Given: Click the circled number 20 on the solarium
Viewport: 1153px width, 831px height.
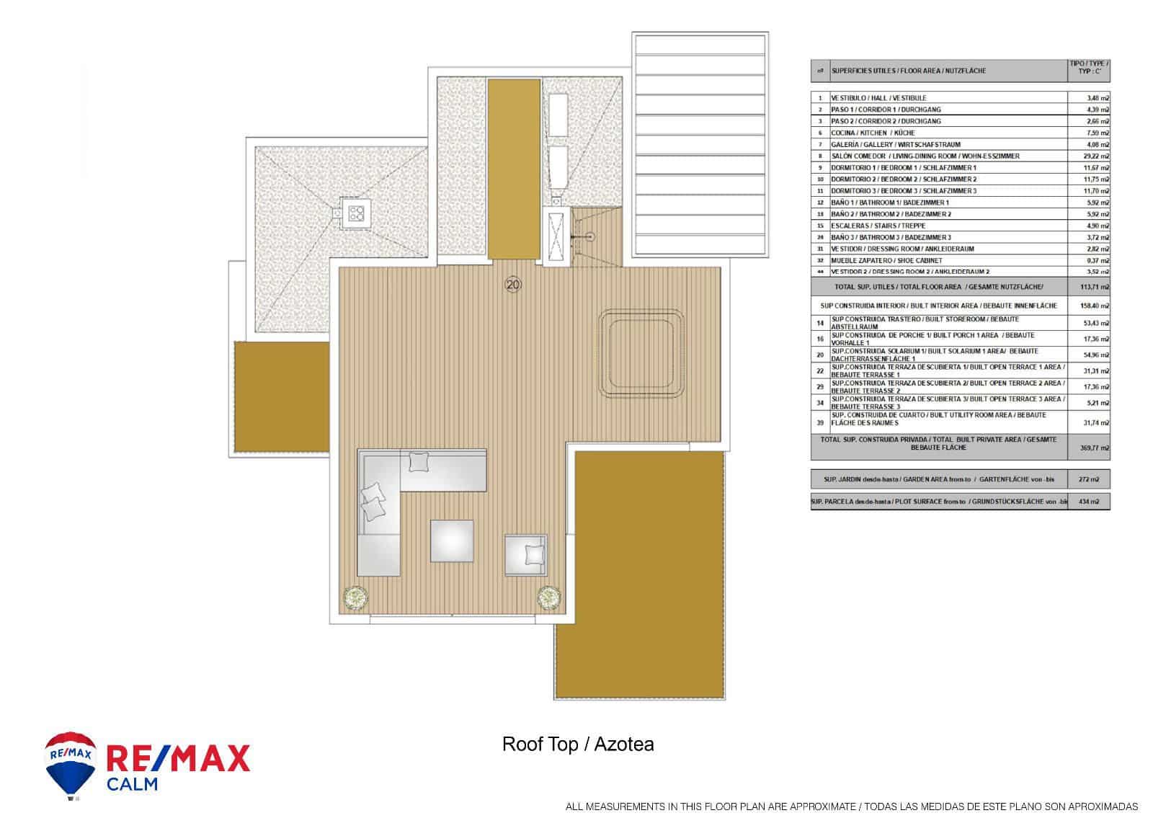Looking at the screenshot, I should pyautogui.click(x=513, y=285).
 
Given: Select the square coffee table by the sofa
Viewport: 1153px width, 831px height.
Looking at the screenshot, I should pyautogui.click(x=452, y=541).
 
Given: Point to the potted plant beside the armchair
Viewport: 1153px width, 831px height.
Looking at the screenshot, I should pyautogui.click(x=549, y=597).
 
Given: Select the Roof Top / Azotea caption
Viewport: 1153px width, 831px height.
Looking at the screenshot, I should pyautogui.click(x=577, y=744).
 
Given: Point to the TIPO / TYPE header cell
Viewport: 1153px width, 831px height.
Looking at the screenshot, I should pyautogui.click(x=1088, y=71).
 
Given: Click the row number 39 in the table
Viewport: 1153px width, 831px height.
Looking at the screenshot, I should pyautogui.click(x=820, y=423).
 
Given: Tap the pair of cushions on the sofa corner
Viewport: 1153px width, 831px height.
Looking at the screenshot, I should pyautogui.click(x=373, y=502).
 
